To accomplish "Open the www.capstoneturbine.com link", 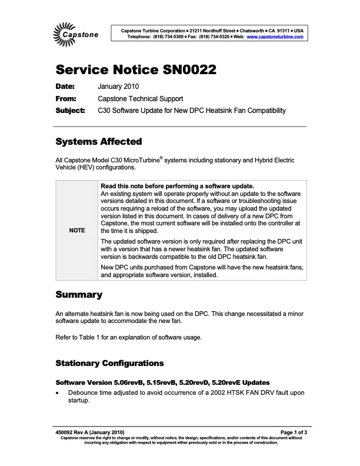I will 275,36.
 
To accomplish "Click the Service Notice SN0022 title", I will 136,70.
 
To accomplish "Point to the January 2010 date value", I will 118,87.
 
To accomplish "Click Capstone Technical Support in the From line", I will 140,99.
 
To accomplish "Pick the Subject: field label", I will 70,110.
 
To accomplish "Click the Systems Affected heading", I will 98,142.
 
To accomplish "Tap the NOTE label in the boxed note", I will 77,230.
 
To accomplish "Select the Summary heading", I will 79,294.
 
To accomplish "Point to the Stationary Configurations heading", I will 109,362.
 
